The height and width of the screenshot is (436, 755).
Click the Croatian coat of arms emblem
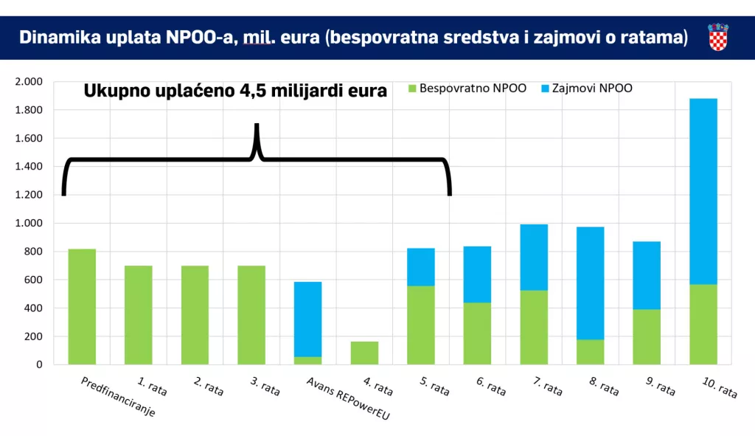pos(718,37)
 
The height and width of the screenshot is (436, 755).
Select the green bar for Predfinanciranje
pos(82,307)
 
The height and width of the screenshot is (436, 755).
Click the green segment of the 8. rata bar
pos(590,352)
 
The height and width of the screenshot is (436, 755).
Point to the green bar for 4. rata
pos(364,353)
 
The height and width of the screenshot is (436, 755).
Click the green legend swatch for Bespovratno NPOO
pos(412,89)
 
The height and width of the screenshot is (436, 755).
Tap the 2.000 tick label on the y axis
pos(29,82)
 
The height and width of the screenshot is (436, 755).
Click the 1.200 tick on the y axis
pos(29,195)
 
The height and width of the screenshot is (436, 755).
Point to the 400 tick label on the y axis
pos(34,308)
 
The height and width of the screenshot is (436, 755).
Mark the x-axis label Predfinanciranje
pos(119,398)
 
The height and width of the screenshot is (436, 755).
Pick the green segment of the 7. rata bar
pos(534,328)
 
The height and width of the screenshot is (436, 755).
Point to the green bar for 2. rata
pos(195,315)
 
